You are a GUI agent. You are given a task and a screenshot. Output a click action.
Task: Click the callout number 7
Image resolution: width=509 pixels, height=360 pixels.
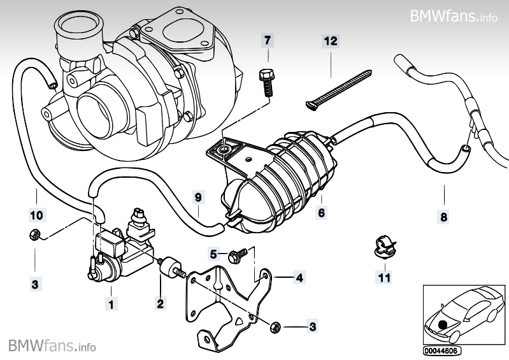(268, 41)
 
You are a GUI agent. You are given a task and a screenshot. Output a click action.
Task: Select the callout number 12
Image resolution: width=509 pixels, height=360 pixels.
(330, 41)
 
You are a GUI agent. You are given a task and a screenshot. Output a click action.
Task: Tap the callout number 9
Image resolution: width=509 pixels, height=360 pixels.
(198, 198)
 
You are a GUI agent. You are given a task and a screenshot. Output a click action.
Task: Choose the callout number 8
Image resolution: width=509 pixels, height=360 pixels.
(444, 217)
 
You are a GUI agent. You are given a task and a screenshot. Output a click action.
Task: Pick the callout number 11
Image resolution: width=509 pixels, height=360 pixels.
(384, 277)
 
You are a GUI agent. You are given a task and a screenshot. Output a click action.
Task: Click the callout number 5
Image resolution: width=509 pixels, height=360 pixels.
(215, 254)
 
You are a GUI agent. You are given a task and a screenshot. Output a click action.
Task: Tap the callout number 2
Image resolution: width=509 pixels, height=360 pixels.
(161, 304)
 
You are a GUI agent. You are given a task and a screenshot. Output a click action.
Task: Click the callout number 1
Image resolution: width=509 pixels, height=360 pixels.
(111, 305)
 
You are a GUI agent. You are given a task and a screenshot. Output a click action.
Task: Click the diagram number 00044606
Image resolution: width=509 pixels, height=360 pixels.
(441, 350)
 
